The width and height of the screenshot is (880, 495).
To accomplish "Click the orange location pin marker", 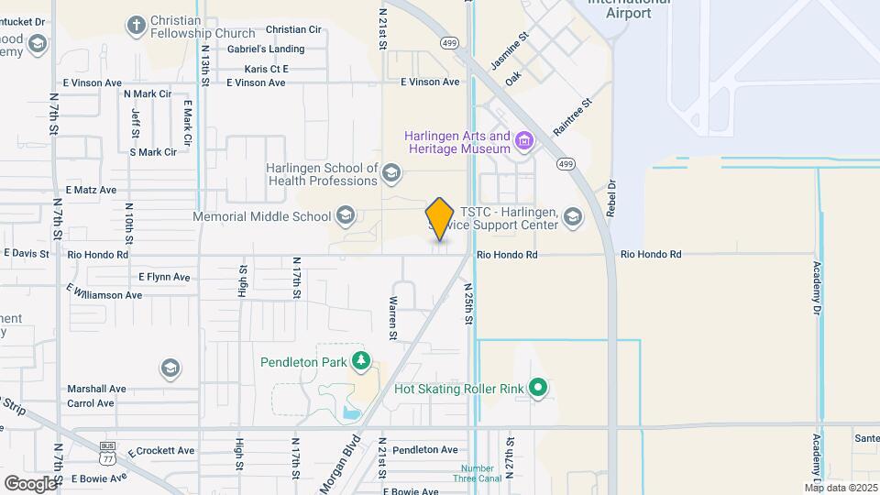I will [440, 218].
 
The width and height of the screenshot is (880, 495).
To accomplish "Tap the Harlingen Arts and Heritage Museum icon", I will [523, 140].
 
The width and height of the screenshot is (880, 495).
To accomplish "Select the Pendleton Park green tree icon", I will [362, 361].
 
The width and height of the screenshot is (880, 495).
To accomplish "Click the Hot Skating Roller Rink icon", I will [539, 389].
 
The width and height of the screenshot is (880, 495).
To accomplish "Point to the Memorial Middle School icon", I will [346, 216].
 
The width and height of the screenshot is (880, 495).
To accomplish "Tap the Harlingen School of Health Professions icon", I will [391, 173].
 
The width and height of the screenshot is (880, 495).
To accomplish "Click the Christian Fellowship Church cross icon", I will [137, 25].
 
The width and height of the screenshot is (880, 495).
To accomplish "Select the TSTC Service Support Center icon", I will [573, 216].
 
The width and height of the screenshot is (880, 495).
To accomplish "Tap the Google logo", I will [30, 483].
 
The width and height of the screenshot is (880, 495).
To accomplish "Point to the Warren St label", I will [392, 318].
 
